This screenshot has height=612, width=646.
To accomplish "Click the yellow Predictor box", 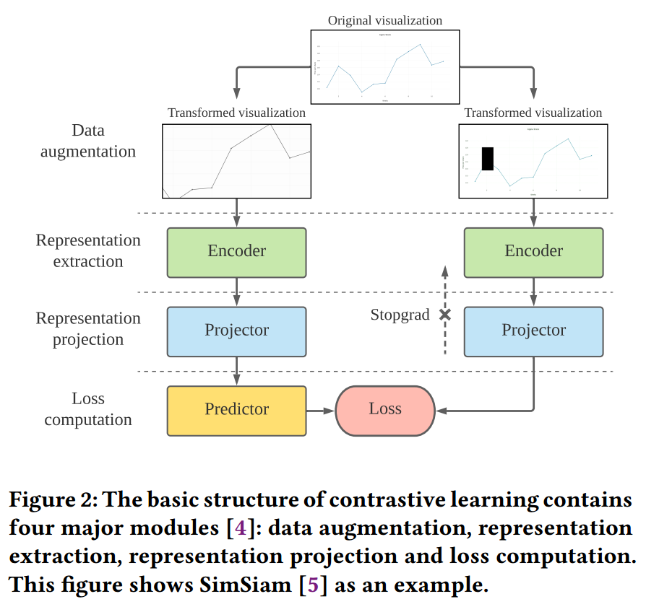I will point(236,410).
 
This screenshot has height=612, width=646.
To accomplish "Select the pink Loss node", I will point(384,410).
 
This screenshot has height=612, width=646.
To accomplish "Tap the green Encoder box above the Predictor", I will point(236,252).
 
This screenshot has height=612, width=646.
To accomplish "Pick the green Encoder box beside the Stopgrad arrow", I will point(533,252).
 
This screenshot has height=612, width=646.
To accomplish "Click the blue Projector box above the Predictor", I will point(236,331).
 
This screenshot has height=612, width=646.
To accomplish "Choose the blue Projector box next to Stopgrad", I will point(533,331).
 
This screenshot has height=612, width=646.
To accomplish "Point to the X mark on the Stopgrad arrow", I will point(445,315).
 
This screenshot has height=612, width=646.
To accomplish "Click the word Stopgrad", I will point(400,315).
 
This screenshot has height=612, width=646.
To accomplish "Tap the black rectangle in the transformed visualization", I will point(487,159).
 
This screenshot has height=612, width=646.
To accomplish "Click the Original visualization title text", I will point(385,19).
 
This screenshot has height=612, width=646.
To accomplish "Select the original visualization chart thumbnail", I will point(385,67).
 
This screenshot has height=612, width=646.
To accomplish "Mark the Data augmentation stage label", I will point(88,141).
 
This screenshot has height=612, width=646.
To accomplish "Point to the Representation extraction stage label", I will point(88,251).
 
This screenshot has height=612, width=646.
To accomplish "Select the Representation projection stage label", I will point(88,329).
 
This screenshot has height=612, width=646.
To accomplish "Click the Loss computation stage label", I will point(88,409).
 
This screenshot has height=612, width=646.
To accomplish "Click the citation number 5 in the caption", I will point(312,584).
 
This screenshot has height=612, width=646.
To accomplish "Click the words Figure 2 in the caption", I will point(51,499).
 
